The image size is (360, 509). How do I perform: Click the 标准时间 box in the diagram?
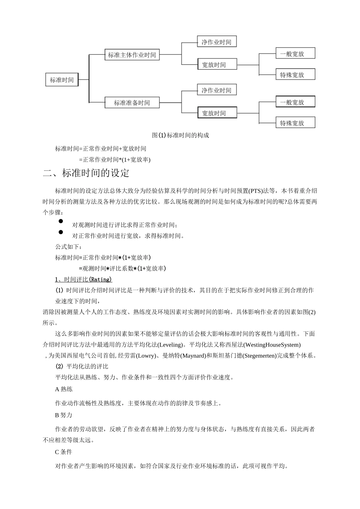click(62, 80)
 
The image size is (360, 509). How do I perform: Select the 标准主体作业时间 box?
click(132, 55)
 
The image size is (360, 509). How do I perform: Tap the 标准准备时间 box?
click(132, 103)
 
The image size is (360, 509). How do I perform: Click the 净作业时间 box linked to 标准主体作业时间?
click(216, 42)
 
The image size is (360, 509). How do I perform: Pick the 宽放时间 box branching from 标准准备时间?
click(217, 113)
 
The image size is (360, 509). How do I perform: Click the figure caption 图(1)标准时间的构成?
click(180, 135)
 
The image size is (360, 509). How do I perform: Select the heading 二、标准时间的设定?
click(86, 173)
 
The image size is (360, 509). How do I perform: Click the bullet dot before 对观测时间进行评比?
click(61, 221)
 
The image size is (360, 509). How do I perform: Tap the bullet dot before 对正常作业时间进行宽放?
click(61, 232)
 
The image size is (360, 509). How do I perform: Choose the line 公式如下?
click(68, 247)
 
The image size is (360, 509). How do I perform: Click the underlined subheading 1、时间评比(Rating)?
click(83, 279)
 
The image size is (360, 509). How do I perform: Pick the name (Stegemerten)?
click(260, 356)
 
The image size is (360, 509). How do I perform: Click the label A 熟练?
click(64, 389)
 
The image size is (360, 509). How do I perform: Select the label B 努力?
click(64, 415)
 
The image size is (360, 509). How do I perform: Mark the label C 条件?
click(64, 452)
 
